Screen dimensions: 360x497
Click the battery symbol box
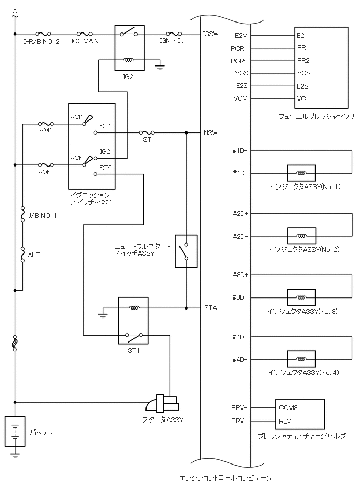(x=15, y=432)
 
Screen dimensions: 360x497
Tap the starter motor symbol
(x=163, y=403)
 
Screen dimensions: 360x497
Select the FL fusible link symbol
(x=15, y=343)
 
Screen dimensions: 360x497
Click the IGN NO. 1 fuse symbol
(x=174, y=34)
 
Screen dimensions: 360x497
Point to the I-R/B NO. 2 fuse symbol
(x=43, y=34)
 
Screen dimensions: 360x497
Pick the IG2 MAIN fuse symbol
(x=85, y=34)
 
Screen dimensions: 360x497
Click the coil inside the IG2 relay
(x=129, y=59)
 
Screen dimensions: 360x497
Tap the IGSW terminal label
(x=210, y=34)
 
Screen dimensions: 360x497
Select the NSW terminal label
(x=210, y=133)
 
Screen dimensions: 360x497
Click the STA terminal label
(x=210, y=308)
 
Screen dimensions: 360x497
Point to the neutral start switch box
(x=186, y=251)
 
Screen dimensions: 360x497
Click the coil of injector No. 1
(x=301, y=173)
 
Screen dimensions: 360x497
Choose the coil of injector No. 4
(x=301, y=359)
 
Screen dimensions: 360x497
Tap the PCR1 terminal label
(x=239, y=49)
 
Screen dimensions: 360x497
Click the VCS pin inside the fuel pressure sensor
(x=304, y=73)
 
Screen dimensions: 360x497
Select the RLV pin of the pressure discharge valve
(x=285, y=421)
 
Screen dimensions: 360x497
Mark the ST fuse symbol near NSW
(x=147, y=132)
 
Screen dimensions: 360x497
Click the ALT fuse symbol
(x=22, y=255)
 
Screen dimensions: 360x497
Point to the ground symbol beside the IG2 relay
(x=160, y=67)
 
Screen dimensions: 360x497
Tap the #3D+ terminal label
(x=241, y=275)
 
